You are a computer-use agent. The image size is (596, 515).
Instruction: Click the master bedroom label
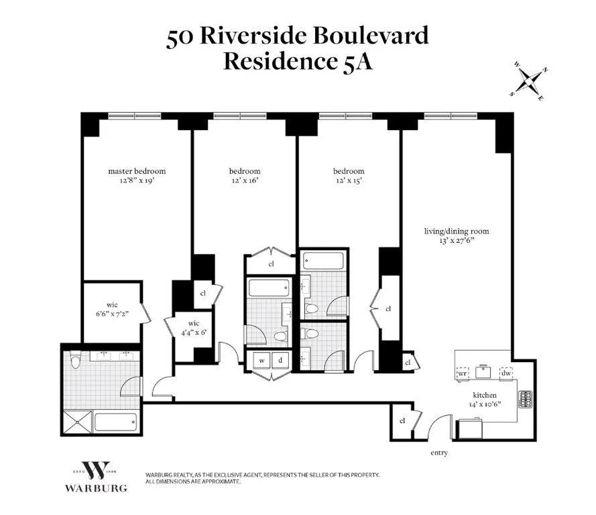coord(137,171)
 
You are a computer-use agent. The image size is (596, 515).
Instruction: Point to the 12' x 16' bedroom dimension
coord(244,180)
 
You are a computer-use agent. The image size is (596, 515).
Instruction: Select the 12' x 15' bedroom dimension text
coord(349,180)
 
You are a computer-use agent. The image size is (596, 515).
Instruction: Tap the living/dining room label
coord(456,231)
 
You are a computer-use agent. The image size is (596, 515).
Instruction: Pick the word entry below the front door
coord(438,453)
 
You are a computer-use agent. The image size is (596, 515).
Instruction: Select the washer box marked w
coord(261,361)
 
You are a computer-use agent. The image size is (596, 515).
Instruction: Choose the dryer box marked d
coord(280,361)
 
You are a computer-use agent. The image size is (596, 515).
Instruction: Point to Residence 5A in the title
coord(297,62)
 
